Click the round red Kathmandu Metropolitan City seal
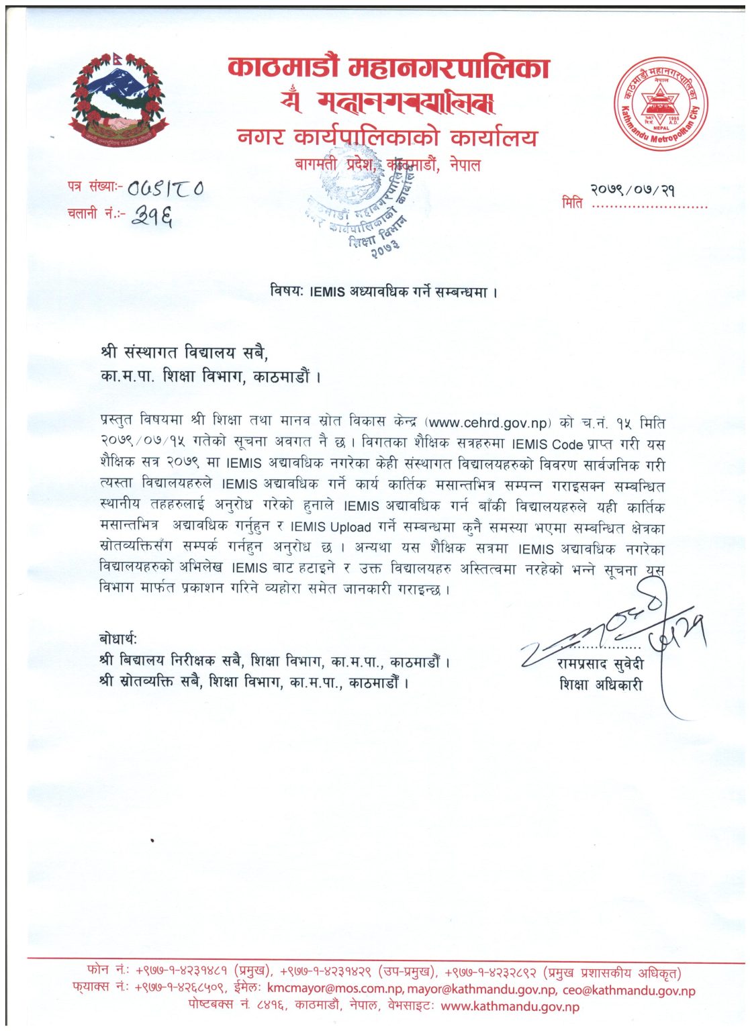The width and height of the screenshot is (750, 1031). pos(661,105)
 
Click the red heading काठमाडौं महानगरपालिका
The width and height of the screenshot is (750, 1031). pos(389,68)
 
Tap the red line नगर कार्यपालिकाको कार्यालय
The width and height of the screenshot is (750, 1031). pos(387,138)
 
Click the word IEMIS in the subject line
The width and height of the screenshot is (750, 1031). pos(327,292)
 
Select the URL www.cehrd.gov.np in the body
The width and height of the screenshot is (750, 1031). pos(488,423)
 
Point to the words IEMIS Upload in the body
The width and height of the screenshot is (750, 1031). pos(331,528)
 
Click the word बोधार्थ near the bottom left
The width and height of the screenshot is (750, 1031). pos(118,638)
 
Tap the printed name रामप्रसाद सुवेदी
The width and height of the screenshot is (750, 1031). pos(600,665)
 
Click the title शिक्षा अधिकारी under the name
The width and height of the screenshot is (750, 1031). pos(600,685)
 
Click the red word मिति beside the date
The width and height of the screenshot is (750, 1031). pos(572,203)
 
